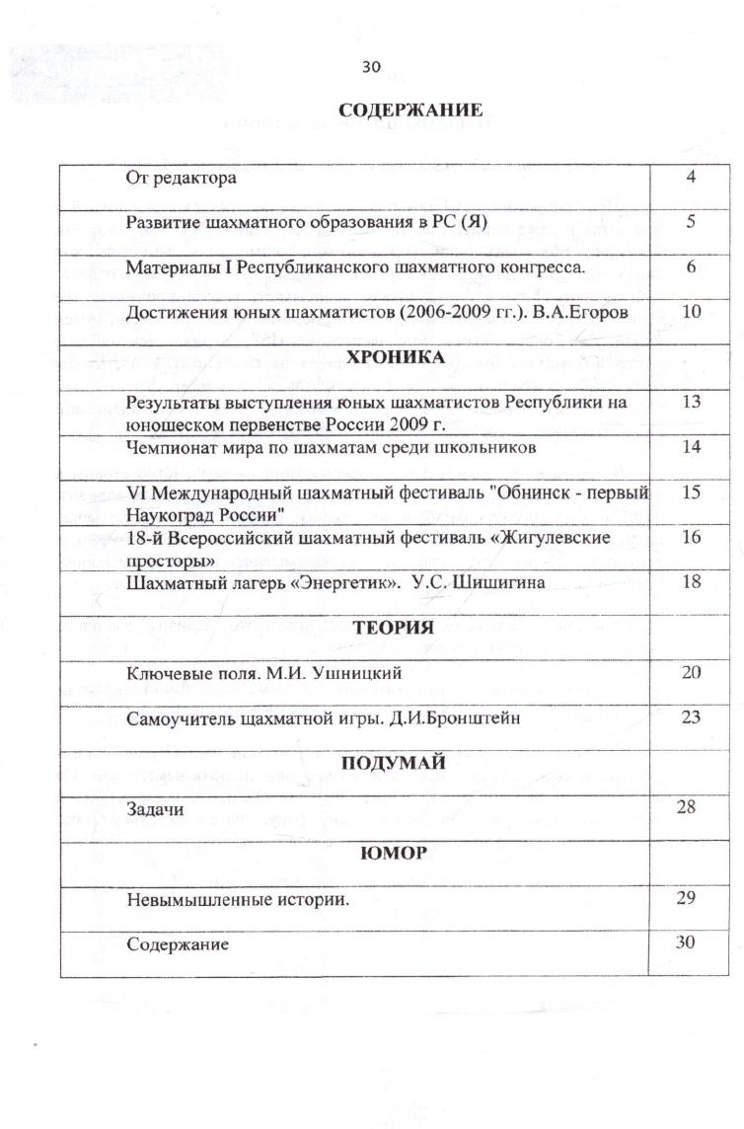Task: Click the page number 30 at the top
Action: point(371,66)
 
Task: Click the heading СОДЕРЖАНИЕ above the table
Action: point(410,110)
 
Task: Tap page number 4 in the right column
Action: point(692,178)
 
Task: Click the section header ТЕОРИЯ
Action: point(394,628)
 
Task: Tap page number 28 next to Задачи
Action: point(687,807)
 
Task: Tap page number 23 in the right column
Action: point(691,717)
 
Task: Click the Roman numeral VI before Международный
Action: point(136,492)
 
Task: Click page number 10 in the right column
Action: point(691,312)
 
